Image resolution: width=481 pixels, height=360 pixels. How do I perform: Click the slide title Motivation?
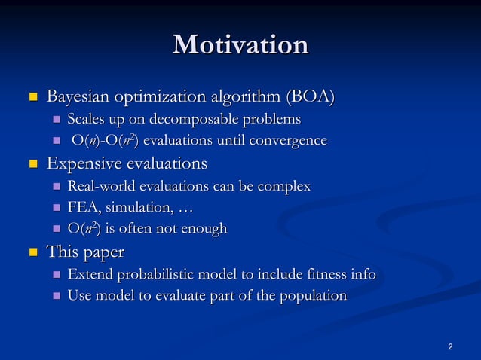240,44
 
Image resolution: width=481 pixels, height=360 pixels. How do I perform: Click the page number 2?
450,346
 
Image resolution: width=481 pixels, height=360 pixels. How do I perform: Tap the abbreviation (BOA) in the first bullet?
309,98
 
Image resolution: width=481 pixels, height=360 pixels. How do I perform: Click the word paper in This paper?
103,251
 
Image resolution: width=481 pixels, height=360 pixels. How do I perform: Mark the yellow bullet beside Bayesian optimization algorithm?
32,98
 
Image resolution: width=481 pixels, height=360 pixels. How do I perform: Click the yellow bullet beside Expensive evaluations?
32,164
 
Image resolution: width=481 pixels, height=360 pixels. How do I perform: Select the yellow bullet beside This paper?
32,252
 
